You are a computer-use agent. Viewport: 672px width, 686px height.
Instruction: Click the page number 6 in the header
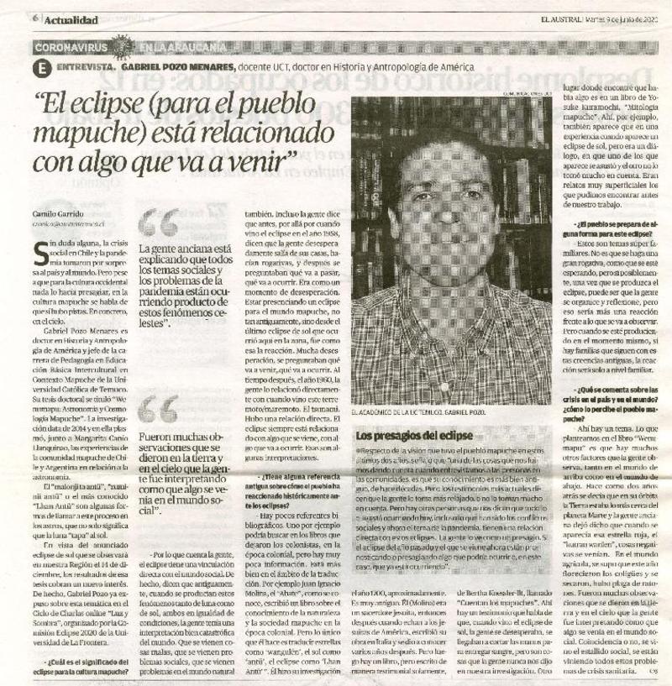click(x=36, y=18)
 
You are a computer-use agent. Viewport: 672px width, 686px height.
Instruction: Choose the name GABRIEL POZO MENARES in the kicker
click(x=176, y=65)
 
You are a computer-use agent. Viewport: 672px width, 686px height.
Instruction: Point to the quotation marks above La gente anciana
click(x=159, y=224)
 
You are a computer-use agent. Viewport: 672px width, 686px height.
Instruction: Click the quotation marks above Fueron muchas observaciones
click(x=158, y=410)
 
